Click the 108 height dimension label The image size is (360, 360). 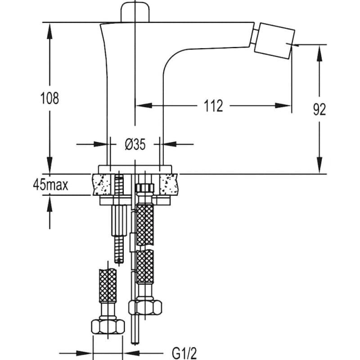click(49, 98)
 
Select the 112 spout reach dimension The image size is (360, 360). click(213, 106)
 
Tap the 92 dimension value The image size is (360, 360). click(319, 109)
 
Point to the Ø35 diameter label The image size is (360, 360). click(135, 144)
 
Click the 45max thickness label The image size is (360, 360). click(50, 185)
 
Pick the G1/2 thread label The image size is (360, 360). click(184, 353)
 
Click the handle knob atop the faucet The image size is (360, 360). click(135, 12)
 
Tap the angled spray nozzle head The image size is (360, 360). click(274, 40)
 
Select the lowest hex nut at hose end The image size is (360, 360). click(108, 327)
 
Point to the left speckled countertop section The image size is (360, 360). click(101, 184)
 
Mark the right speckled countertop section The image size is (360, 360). click(168, 184)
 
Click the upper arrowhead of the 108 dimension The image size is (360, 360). click(50, 31)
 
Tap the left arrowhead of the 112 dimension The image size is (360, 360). click(144, 106)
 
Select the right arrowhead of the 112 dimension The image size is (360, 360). click(283, 106)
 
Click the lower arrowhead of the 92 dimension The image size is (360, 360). click(319, 165)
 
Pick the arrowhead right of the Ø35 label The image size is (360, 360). click(170, 144)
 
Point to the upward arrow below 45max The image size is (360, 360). click(50, 212)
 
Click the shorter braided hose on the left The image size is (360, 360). click(108, 286)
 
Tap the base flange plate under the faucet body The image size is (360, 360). click(135, 169)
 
